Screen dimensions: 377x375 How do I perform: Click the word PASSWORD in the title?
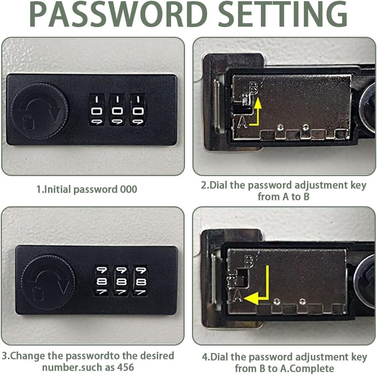(x=118, y=14)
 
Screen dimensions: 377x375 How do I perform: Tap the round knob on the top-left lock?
(x=39, y=111)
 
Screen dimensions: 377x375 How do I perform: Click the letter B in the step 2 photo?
(x=254, y=88)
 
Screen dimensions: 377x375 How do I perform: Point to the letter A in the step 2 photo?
(x=242, y=122)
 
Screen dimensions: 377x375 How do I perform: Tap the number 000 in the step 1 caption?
(x=129, y=189)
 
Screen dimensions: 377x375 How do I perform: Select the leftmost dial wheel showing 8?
(x=101, y=281)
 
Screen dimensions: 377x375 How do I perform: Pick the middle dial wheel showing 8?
(x=121, y=281)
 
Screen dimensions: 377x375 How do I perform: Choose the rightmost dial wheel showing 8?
(x=141, y=281)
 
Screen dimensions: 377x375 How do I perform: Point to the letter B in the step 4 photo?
(x=249, y=262)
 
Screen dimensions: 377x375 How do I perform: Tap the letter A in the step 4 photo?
(x=238, y=296)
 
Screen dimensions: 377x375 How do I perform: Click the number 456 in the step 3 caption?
(x=125, y=368)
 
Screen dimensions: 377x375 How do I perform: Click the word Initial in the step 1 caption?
(x=58, y=189)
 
